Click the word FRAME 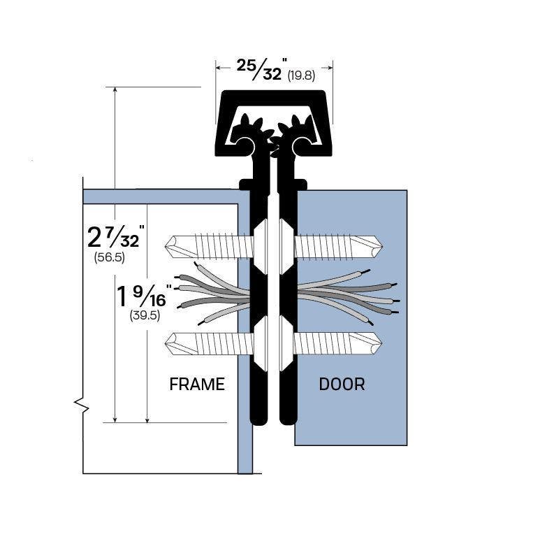197,384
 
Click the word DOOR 342,384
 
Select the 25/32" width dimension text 260,69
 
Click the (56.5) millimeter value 109,257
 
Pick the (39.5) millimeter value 145,315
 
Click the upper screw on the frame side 209,246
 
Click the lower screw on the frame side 209,343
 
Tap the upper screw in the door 338,246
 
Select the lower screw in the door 338,343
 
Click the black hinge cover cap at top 273,99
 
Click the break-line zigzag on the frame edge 82,405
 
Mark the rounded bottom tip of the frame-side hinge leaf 258,420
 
